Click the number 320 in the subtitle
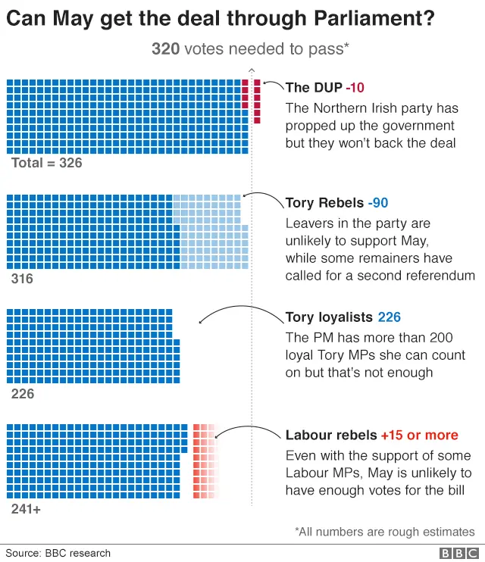pos(165,49)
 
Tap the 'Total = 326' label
pos(47,163)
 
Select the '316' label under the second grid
pos(23,279)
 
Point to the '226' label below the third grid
pos(23,394)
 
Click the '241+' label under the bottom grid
pos(26,509)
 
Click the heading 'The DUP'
pos(314,88)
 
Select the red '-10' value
pos(355,88)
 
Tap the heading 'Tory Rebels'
pos(324,203)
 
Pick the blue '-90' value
pos(378,203)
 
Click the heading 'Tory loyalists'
pos(329,317)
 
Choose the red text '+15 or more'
pos(419,436)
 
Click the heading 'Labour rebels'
pos(330,436)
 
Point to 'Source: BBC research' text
pos(58,553)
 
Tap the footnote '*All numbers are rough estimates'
pos(384,532)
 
